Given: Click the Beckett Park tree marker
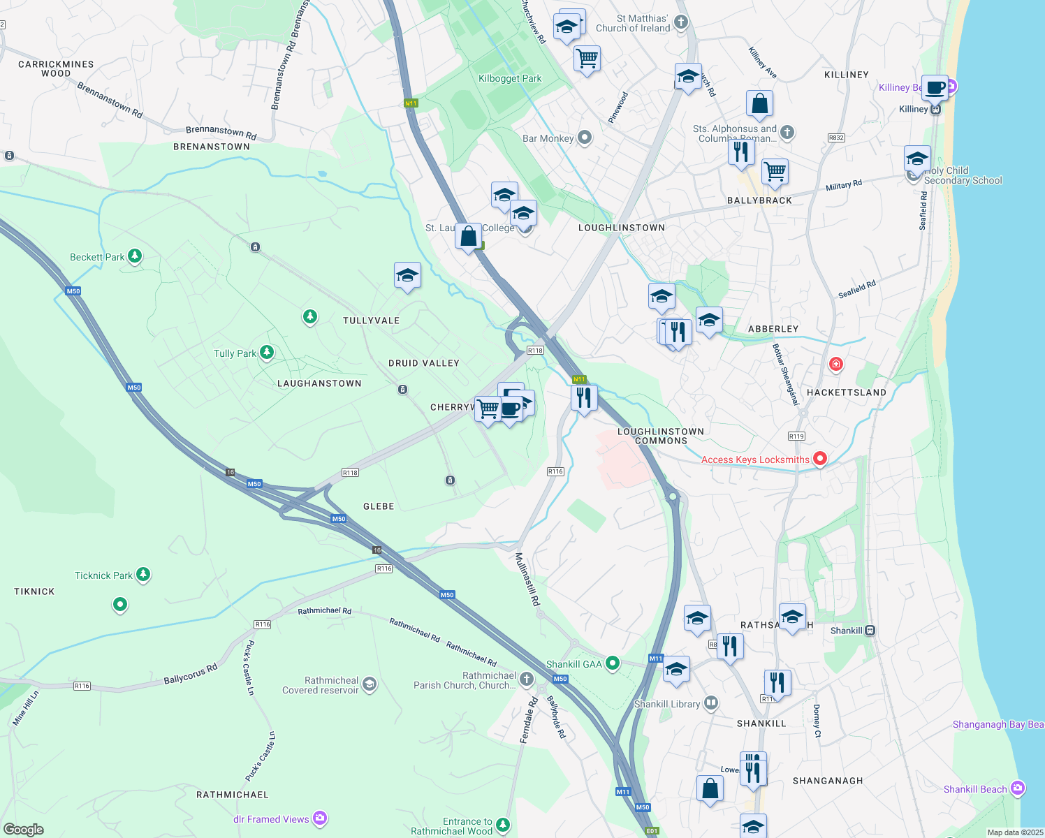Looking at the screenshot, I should [x=135, y=256].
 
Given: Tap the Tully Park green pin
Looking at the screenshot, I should [x=266, y=353].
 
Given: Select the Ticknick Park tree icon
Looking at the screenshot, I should [x=143, y=575].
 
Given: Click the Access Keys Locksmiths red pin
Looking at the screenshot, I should [x=820, y=459].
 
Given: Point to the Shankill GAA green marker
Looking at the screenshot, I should [x=613, y=663].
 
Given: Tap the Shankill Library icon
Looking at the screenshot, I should [x=711, y=703].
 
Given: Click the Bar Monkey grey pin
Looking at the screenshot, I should [x=585, y=138].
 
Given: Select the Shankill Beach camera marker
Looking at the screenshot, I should [x=1018, y=788].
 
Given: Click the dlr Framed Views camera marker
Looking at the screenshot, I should [x=320, y=818].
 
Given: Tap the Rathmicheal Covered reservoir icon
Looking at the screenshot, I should [x=370, y=684].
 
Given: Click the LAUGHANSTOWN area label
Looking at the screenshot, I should [x=319, y=383].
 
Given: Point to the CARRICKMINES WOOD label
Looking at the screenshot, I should [x=56, y=68].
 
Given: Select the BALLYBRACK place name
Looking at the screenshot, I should [x=759, y=200].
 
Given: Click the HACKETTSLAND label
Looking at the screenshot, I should [x=846, y=392].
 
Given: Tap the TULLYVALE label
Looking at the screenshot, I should [x=371, y=321].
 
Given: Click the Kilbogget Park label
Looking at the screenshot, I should [x=510, y=78].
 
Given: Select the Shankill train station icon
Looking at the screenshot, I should [x=870, y=630].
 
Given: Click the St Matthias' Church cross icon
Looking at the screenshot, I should [x=681, y=22].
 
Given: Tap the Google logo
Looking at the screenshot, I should [x=24, y=830].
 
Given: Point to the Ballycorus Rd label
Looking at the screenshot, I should [x=191, y=674].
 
